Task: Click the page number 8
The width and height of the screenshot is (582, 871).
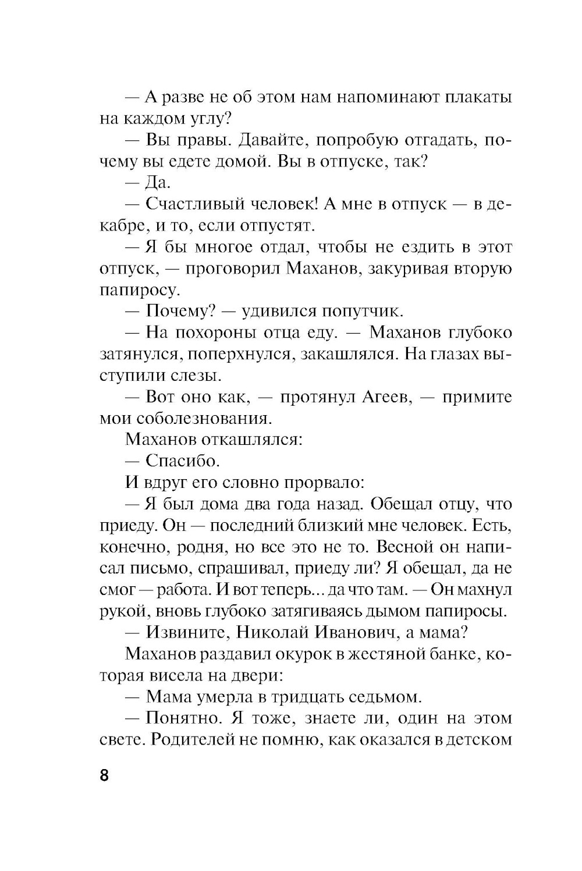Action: click(104, 776)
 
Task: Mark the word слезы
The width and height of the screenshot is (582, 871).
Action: click(196, 376)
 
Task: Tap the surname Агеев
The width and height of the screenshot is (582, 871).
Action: click(381, 397)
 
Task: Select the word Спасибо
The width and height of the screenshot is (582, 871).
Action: click(182, 461)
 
